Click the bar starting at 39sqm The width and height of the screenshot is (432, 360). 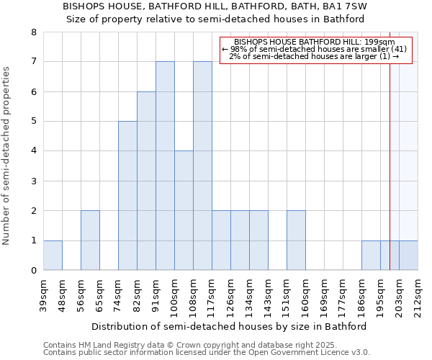click(53, 256)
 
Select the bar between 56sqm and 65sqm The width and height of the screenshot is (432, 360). click(90, 240)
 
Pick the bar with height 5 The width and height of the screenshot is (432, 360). click(127, 196)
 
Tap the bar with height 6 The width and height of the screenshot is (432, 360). click(146, 181)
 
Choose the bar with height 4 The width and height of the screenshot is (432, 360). click(184, 210)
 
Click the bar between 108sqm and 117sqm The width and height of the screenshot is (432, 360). click(202, 166)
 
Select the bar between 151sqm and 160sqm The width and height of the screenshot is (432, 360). click(296, 240)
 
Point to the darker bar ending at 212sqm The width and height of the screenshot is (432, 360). click(408, 256)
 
